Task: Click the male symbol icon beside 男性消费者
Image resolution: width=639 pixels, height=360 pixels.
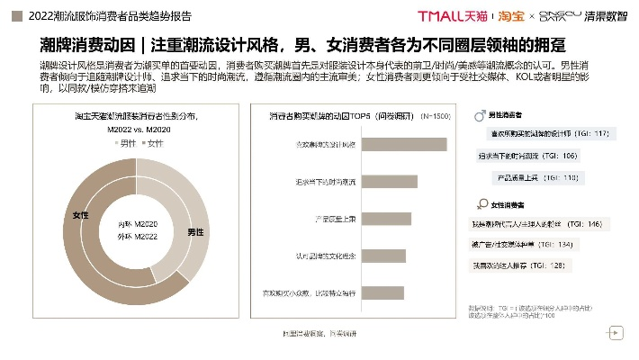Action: (478, 116)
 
